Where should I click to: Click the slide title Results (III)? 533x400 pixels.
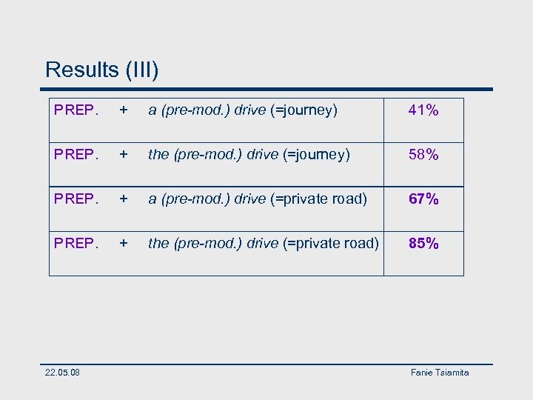102,70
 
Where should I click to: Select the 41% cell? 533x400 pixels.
423,110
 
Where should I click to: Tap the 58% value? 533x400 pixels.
423,155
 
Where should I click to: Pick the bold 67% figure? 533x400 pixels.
423,199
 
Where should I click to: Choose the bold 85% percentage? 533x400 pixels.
423,243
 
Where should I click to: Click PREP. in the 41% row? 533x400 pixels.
76,110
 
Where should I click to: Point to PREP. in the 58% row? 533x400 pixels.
76,155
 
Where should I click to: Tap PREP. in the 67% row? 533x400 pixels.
76,199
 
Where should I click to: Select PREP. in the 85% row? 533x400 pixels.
76,243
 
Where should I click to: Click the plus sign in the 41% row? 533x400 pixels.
124,110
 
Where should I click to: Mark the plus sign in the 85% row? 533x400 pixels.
124,243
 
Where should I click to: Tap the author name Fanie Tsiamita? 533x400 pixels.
440,373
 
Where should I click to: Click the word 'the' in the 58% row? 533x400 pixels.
158,155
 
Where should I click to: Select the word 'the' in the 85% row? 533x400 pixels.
158,243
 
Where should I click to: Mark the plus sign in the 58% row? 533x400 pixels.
124,155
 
